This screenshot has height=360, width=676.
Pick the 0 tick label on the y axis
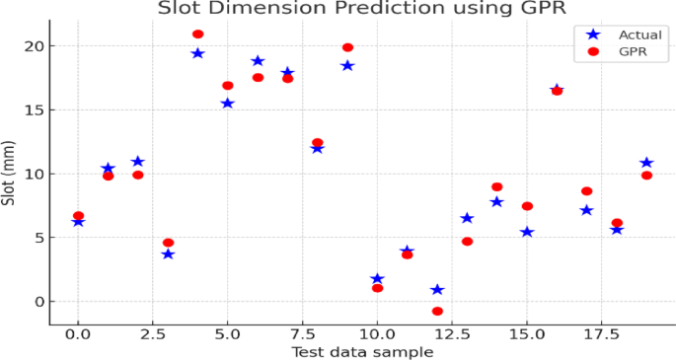pyautogui.click(x=38, y=302)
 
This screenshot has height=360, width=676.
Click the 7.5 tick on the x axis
pyautogui.click(x=302, y=334)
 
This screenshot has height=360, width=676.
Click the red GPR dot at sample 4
pyautogui.click(x=197, y=35)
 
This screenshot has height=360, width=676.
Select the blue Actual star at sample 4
pyautogui.click(x=197, y=53)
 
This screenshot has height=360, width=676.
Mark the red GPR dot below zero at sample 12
pyautogui.click(x=437, y=311)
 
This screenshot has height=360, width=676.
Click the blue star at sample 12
pyautogui.click(x=437, y=290)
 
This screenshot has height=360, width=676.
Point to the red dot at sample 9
pyautogui.click(x=347, y=47)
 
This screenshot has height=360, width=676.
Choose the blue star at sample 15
pyautogui.click(x=527, y=232)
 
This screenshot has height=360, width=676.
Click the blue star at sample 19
pyautogui.click(x=646, y=163)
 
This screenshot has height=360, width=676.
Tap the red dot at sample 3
pyautogui.click(x=168, y=243)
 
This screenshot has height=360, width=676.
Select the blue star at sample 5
pyautogui.click(x=227, y=104)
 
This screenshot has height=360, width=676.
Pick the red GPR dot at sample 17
pyautogui.click(x=586, y=191)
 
